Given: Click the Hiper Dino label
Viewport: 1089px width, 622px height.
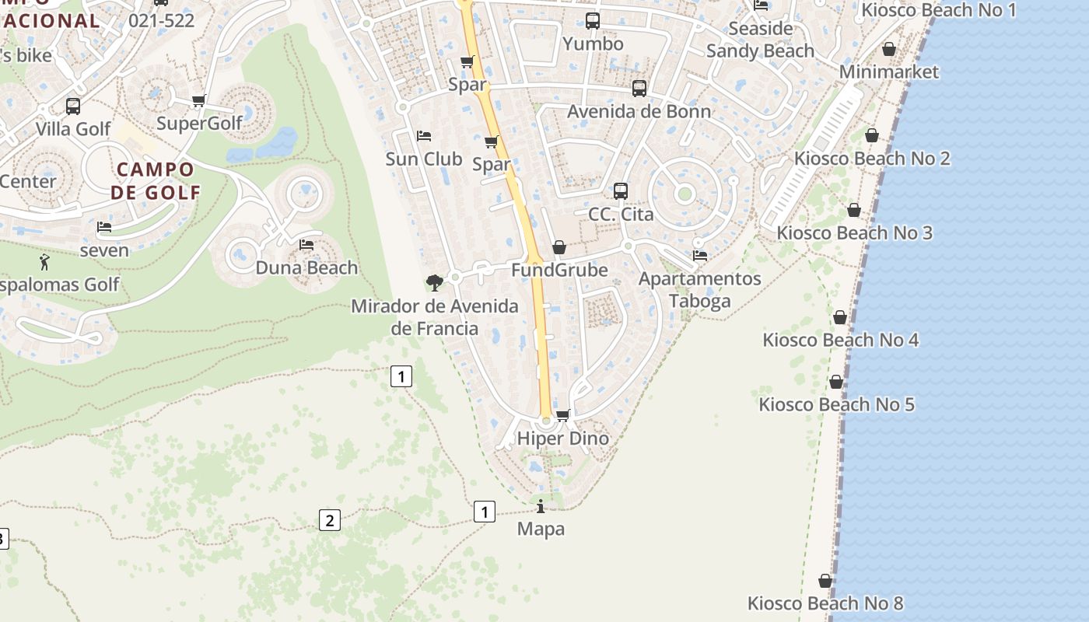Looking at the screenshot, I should click(x=562, y=439).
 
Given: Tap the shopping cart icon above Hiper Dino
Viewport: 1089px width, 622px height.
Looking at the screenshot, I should click(x=563, y=415).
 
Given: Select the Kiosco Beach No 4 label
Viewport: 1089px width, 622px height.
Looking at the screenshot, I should click(x=840, y=340).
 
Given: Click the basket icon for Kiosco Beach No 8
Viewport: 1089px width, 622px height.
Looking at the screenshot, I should click(x=825, y=581).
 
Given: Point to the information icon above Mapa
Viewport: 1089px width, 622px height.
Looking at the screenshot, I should click(x=541, y=507).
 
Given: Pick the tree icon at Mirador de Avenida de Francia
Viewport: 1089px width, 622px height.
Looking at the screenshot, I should click(x=435, y=282).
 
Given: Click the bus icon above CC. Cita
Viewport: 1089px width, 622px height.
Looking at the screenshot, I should click(x=620, y=190).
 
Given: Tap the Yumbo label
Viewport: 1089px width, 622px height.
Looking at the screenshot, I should click(x=593, y=44).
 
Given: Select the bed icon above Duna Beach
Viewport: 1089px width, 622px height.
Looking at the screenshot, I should click(x=306, y=245).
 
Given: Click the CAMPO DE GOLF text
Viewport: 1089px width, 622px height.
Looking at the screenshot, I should click(x=156, y=180).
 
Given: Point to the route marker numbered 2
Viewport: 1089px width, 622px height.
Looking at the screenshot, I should click(x=329, y=520).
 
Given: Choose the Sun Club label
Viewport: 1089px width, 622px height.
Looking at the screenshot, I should click(x=424, y=159).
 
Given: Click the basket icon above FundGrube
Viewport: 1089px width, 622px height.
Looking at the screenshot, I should click(x=559, y=248).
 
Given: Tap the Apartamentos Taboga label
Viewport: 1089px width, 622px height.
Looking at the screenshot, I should click(x=699, y=289).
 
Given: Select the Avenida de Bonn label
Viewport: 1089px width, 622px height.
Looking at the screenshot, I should click(x=639, y=111).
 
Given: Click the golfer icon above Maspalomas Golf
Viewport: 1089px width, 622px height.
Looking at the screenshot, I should click(x=44, y=262).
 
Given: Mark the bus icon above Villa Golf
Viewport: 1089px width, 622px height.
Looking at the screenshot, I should click(x=73, y=107).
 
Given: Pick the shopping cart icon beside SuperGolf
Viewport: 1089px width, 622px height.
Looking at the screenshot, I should click(x=198, y=100).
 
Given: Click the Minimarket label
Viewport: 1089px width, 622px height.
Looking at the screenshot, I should click(x=889, y=72).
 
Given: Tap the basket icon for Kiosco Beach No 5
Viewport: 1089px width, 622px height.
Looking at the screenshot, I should click(x=836, y=382).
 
